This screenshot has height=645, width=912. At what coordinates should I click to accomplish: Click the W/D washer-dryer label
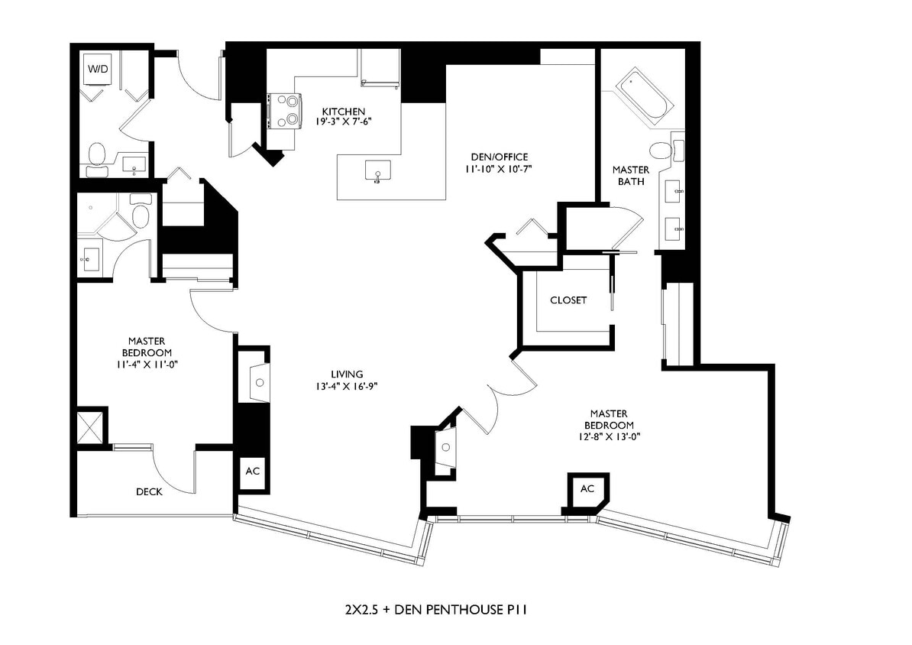[x=98, y=69]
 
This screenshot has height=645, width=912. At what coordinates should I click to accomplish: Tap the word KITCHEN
[x=343, y=112]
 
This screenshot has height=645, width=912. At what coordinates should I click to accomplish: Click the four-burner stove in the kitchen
[x=284, y=111]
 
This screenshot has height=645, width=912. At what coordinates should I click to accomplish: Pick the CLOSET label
[x=568, y=300]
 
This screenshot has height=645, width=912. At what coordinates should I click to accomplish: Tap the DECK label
[x=149, y=492]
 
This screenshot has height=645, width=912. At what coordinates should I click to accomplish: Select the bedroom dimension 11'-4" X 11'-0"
[x=148, y=365]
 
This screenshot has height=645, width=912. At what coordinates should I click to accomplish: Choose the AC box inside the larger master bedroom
[x=587, y=489]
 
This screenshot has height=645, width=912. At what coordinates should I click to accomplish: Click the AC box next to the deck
[x=252, y=472]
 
